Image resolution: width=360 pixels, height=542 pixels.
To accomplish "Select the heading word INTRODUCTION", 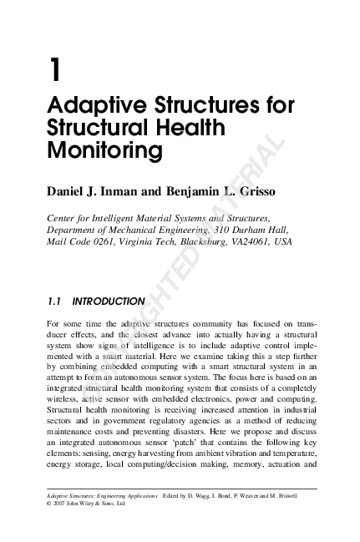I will (109, 301).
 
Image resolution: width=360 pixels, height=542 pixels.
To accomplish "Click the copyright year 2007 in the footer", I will (64, 504).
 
